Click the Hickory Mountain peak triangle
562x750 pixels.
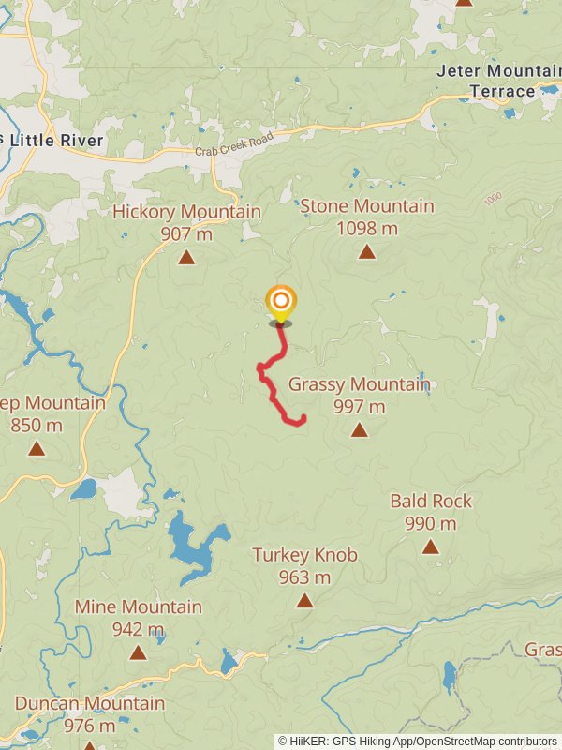(x=186, y=257)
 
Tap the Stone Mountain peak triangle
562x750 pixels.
(x=367, y=251)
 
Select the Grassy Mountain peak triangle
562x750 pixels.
(x=359, y=430)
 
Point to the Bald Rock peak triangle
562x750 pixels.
(x=430, y=547)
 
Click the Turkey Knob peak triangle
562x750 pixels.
(x=304, y=600)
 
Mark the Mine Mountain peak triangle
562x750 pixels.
(x=138, y=652)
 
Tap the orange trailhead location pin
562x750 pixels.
(x=280, y=303)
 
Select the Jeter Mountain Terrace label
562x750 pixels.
(x=497, y=81)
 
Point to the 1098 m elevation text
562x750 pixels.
(x=366, y=228)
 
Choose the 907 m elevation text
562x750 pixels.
(x=186, y=233)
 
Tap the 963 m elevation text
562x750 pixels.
(x=304, y=577)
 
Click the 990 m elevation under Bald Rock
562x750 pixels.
(x=431, y=524)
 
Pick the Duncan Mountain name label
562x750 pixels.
(x=90, y=703)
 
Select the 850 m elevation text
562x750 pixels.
(x=37, y=426)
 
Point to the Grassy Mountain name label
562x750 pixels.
(x=359, y=384)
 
